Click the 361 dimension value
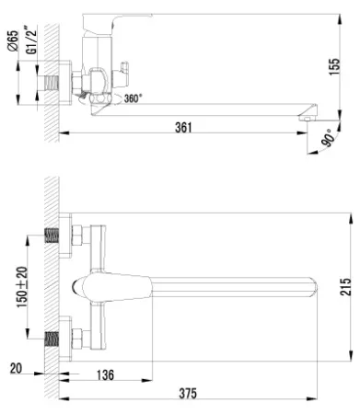coord(183,127)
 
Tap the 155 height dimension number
coord(335,66)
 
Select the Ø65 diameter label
coord(13,40)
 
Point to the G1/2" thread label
coord(31,41)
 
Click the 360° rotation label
coord(134,98)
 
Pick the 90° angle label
coord(328,138)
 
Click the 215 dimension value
coord(346,286)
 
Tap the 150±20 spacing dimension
coord(22,287)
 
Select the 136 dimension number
coord(105,374)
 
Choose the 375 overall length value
coord(188,394)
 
